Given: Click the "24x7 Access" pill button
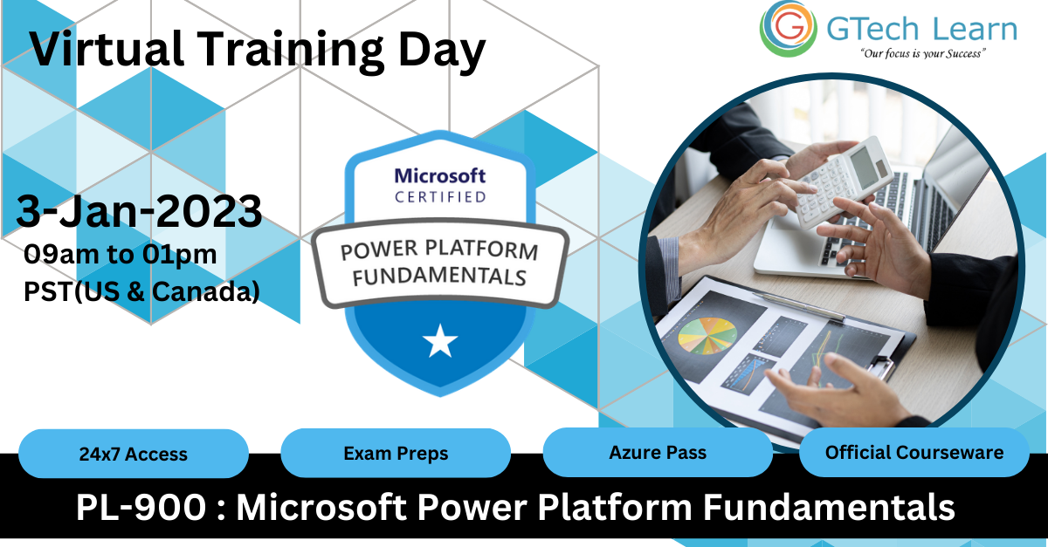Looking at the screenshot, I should pos(133,454).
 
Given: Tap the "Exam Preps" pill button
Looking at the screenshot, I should pos(396,454).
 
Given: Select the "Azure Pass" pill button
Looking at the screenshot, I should pos(658,453).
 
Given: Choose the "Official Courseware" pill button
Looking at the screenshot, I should pos(914,453).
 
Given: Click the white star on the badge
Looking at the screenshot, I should pos(440,342).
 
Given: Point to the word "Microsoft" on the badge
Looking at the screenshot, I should pos(440,176).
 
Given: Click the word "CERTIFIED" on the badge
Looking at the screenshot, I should pos(440,197).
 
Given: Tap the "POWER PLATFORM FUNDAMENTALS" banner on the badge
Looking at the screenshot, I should pos(440,264).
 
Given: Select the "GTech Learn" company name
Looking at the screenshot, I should pos(921,29).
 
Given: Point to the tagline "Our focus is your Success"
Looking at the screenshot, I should pos(922,54).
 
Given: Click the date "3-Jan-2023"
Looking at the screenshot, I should pos(140,211).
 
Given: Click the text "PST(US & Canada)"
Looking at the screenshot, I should pos(142,292).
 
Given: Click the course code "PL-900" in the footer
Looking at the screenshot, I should pos(140,507).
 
